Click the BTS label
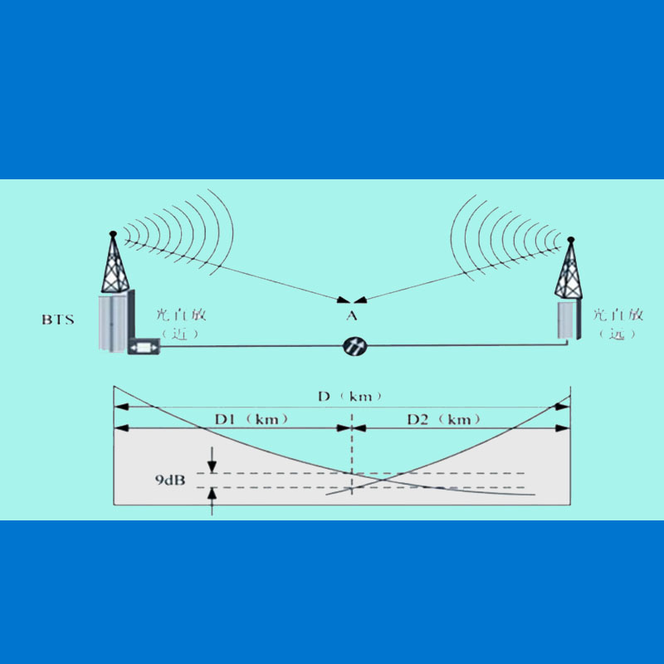pos(57,319)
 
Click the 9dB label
pos(169,481)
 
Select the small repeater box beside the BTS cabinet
pos(144,346)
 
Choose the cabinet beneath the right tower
pos(567,320)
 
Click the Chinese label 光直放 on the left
pos(180,315)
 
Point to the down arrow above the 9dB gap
pos(212,459)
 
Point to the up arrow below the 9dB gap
pos(212,500)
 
